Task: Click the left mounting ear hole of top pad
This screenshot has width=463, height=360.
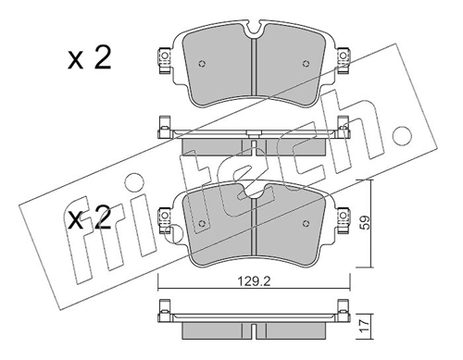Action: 163,62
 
